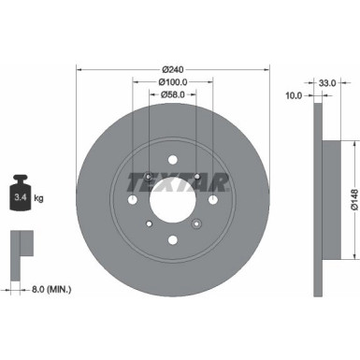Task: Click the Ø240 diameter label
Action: point(172,69)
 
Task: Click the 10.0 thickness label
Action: point(295,95)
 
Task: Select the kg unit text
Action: point(39,199)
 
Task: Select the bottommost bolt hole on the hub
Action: point(172,242)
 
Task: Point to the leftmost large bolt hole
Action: point(131,200)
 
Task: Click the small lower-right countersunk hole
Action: point(195,223)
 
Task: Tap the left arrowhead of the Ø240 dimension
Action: point(79,69)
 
